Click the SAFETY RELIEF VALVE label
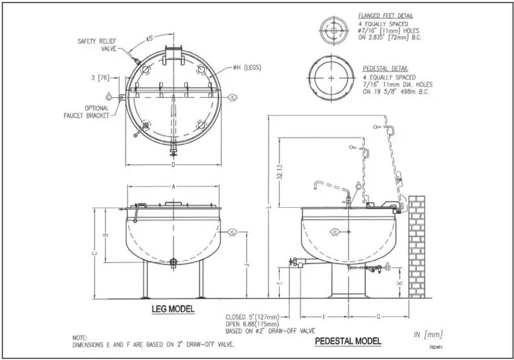tap(96, 44)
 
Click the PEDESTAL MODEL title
tap(348, 341)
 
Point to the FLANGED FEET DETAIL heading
tap(386, 15)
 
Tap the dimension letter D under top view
tap(173, 164)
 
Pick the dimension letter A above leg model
tap(173, 186)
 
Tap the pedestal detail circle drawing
tap(333, 78)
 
